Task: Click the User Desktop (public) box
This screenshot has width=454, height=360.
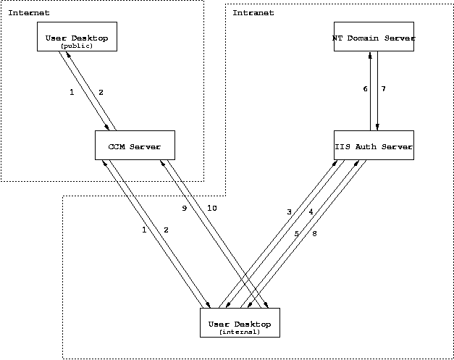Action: click(77, 37)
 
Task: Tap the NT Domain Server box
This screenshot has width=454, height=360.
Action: click(374, 37)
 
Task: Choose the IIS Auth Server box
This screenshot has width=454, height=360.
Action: click(374, 146)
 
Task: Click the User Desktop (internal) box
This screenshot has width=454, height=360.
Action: click(239, 322)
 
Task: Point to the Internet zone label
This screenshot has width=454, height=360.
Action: click(29, 13)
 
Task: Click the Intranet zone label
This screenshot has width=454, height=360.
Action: click(253, 13)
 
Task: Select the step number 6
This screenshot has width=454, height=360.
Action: click(365, 89)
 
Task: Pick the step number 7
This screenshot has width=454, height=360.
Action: click(384, 89)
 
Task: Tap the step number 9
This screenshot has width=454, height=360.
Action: click(185, 208)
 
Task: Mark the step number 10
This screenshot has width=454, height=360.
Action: click(211, 208)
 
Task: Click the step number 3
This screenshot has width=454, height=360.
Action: click(289, 212)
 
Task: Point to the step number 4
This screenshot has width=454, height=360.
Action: click(310, 212)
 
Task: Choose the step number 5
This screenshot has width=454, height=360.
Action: click(296, 233)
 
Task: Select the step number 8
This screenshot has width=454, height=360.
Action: click(314, 233)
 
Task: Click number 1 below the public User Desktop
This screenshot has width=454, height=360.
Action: click(72, 92)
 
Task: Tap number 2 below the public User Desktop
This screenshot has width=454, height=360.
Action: click(101, 92)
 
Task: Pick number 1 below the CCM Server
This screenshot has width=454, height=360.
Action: click(144, 230)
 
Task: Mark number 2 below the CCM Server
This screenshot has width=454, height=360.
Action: click(166, 230)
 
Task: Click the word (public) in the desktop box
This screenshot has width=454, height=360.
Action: click(77, 45)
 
